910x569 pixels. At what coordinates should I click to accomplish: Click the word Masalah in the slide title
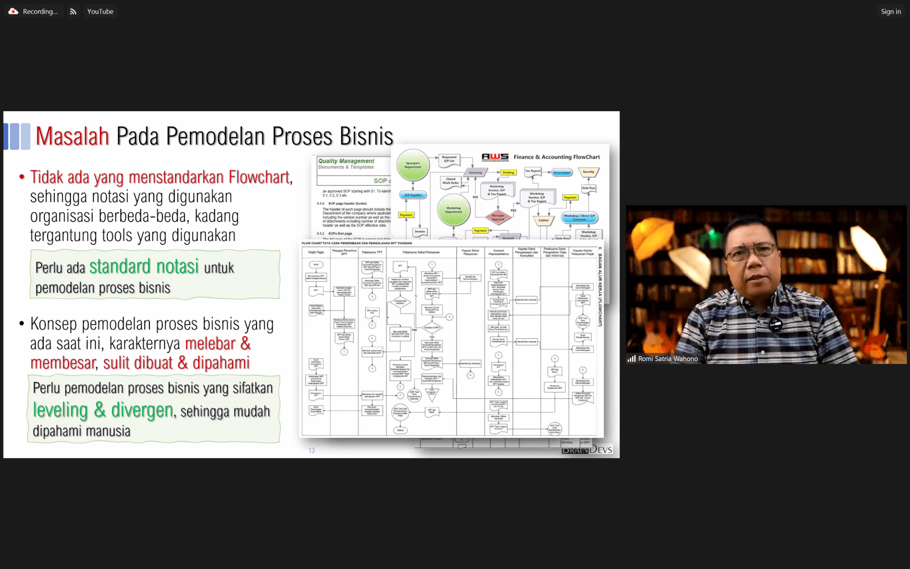point(72,136)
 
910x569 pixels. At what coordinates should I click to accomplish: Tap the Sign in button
point(890,12)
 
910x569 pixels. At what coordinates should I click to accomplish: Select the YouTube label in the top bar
point(100,12)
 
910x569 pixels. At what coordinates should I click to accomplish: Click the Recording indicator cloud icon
point(13,12)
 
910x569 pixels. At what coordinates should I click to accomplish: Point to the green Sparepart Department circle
point(413,165)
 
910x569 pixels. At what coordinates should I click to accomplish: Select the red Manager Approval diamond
point(498,217)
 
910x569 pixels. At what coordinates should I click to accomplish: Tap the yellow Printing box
point(508,172)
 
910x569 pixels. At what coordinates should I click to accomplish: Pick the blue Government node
point(562,172)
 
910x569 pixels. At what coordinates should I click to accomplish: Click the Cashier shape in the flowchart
point(543,220)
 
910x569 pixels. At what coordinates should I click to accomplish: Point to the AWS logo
point(495,157)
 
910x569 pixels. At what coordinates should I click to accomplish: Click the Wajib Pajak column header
point(316,252)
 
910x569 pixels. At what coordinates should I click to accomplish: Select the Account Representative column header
point(499,252)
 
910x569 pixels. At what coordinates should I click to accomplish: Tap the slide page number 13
point(311,450)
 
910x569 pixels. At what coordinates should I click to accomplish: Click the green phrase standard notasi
point(144,267)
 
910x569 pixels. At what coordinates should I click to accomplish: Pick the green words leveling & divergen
point(103,410)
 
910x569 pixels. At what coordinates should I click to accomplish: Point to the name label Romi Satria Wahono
point(668,359)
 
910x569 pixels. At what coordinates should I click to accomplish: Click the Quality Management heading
point(346,161)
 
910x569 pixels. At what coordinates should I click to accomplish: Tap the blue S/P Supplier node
point(413,195)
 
